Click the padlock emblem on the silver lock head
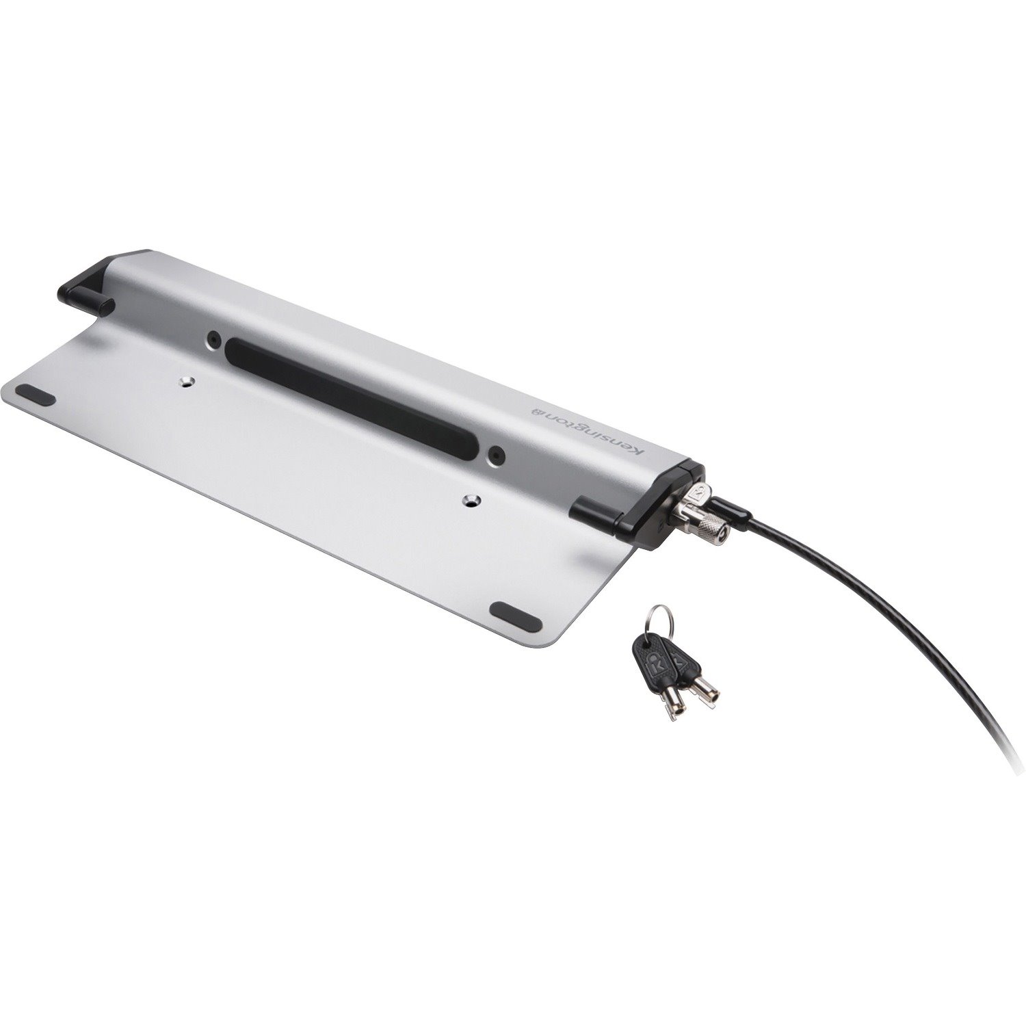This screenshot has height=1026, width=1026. pos(698,492)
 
